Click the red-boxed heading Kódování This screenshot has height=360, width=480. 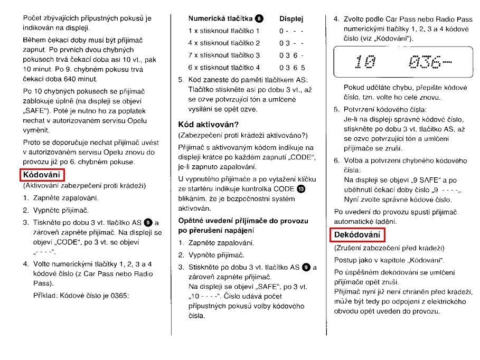tap(42, 175)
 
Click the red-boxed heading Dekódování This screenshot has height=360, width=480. tap(359, 234)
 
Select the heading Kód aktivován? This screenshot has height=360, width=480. tap(209, 125)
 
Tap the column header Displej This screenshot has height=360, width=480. tap(291, 19)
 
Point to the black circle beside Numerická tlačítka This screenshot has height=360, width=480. tap(259, 19)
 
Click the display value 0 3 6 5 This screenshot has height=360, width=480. tap(292, 68)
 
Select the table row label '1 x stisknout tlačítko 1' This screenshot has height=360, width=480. tap(224, 31)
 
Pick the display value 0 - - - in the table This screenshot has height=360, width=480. tap(291, 31)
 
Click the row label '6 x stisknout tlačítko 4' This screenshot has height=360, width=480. tap(224, 68)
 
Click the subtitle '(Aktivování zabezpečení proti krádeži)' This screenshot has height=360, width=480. tap(84, 186)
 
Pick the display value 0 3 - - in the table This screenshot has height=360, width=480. tap(291, 43)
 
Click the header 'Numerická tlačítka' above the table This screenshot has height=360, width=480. tap(220, 19)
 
